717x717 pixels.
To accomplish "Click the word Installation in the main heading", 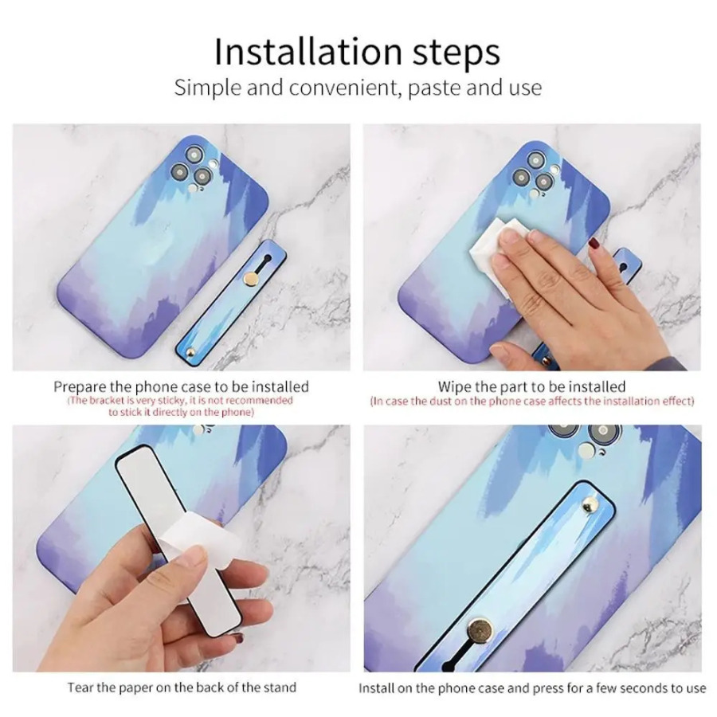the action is tap(308, 51).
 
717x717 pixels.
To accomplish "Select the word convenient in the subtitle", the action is tap(345, 88).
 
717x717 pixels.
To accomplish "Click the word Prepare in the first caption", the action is tap(80, 387).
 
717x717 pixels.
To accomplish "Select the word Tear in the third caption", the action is tap(80, 688).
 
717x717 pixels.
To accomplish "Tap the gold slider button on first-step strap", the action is tap(251, 277).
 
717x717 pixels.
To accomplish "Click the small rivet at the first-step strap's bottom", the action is tap(191, 352).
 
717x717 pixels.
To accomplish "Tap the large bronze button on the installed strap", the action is tap(480, 632).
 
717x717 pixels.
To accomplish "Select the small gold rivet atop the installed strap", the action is tap(590, 506).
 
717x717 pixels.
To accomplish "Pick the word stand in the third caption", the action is tap(279, 688).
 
